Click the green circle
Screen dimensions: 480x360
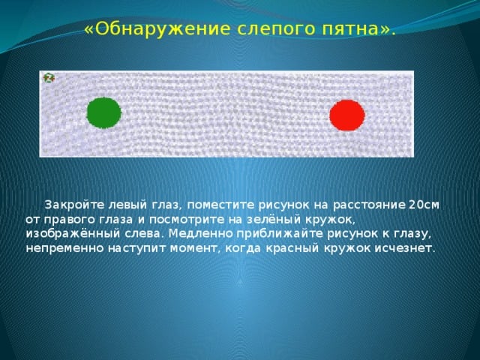tap(104, 113)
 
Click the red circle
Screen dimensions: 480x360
tap(347, 115)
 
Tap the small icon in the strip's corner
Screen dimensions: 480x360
tap(48, 78)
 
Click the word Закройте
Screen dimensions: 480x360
tap(75, 205)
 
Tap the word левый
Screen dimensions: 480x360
tap(128, 205)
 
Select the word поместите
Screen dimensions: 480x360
tap(220, 205)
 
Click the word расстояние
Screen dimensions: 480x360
tap(369, 205)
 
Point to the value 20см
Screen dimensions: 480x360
tap(424, 205)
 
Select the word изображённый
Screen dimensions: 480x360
tap(71, 234)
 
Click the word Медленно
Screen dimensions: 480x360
tap(201, 234)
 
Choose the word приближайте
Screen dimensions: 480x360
tap(280, 234)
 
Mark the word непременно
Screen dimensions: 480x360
tap(64, 248)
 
